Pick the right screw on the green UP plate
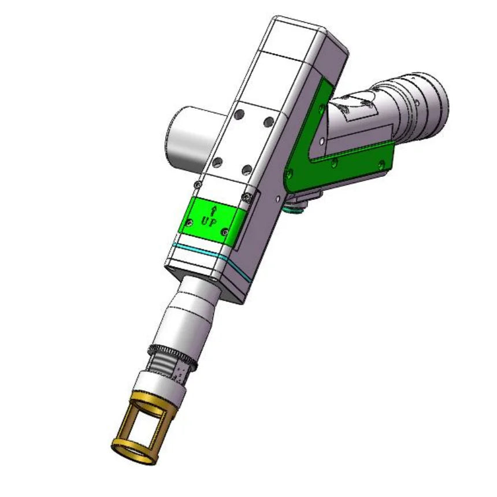click(225, 232)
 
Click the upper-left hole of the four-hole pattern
click(240, 114)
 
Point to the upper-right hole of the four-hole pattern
click(269, 121)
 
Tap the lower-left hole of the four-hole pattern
click(217, 162)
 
